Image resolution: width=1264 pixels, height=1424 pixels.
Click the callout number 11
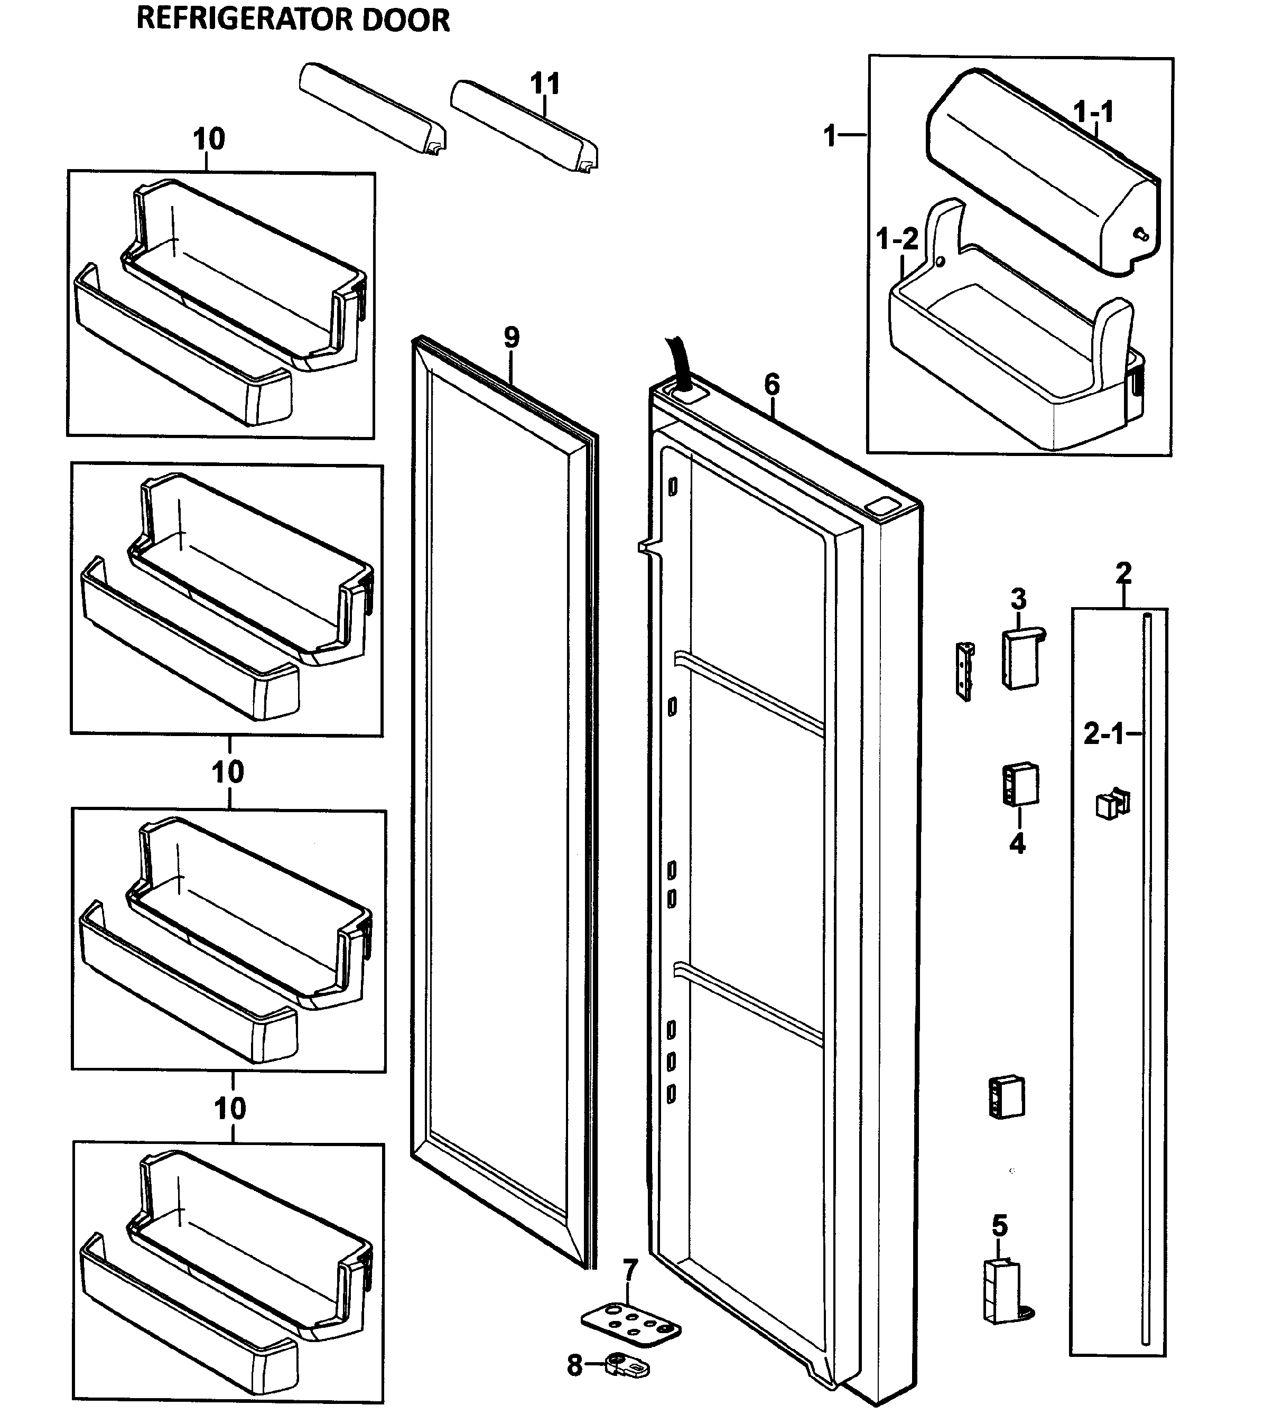[545, 85]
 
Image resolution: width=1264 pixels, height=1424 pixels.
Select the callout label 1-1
[1093, 111]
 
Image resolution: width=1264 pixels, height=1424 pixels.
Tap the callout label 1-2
[897, 240]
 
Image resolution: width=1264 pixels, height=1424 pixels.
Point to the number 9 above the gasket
[512, 338]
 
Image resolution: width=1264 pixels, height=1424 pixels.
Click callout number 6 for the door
[772, 384]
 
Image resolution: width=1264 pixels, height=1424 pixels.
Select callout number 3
[1018, 598]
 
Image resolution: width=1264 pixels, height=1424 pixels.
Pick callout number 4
[1017, 844]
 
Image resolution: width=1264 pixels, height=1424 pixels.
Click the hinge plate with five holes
[630, 1322]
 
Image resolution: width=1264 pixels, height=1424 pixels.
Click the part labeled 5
[1002, 1290]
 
